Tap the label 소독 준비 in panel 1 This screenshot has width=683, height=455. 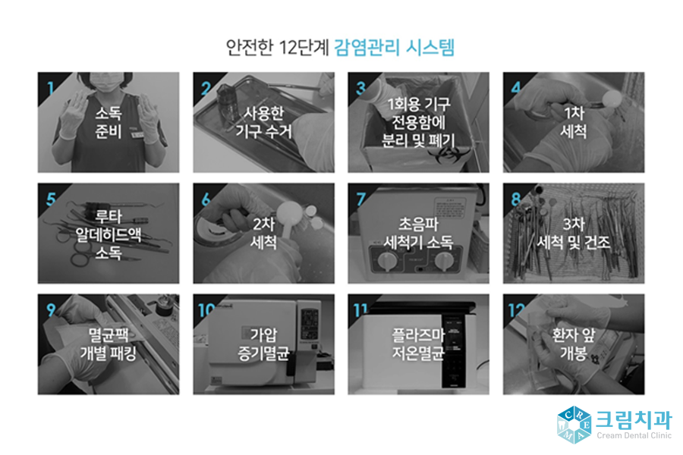109,122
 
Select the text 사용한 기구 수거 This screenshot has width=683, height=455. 263,122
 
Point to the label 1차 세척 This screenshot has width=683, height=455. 574,122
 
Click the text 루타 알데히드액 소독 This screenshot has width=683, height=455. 109,234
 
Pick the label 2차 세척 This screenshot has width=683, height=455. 263,234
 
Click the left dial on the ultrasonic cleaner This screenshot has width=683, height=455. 389,262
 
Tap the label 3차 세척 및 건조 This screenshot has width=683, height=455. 574,234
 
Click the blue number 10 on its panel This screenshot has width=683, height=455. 206,310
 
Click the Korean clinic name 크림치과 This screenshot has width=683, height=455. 633,418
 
